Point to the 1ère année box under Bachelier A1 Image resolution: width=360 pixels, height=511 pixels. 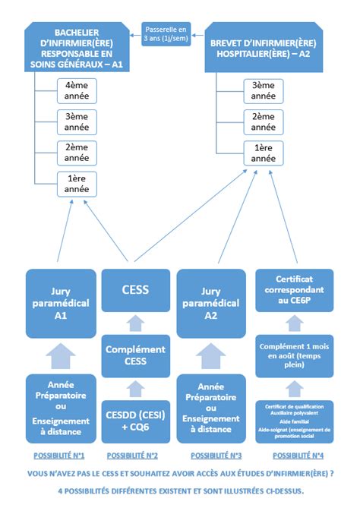(x=76, y=183)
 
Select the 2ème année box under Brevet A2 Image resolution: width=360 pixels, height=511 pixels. (x=264, y=121)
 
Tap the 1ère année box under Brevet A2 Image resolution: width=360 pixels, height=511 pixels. (x=264, y=153)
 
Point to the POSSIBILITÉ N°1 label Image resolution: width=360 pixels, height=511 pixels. (x=58, y=456)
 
